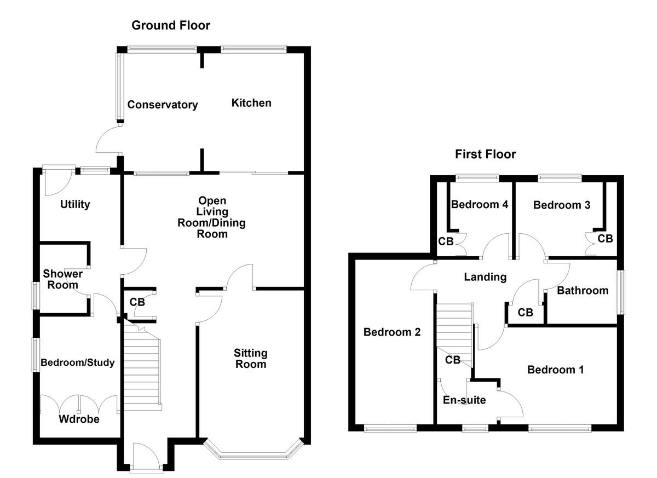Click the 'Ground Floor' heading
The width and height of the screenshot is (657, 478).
pos(170,25)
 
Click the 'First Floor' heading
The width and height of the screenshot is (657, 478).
pos(485,154)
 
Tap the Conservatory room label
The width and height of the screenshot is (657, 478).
pos(162,105)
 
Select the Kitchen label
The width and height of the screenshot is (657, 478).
pos(251,103)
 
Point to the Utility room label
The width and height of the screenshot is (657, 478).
pos(75,205)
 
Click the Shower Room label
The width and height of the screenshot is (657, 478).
pos(63,279)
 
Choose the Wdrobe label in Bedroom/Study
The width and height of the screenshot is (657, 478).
pos(79,419)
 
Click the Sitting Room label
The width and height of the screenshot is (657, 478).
pos(250,359)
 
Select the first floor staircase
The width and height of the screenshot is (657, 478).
pos(454,329)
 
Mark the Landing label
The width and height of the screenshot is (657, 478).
pos(485,277)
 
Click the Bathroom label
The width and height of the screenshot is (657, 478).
pos(583,291)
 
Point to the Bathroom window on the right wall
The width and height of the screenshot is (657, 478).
pos(620,292)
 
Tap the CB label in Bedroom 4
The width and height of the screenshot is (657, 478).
pos(445,241)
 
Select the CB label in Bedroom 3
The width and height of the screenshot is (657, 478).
pos(605,239)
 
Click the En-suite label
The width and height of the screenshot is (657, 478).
pos(464,400)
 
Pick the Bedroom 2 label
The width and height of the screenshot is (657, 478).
pos(392,332)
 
